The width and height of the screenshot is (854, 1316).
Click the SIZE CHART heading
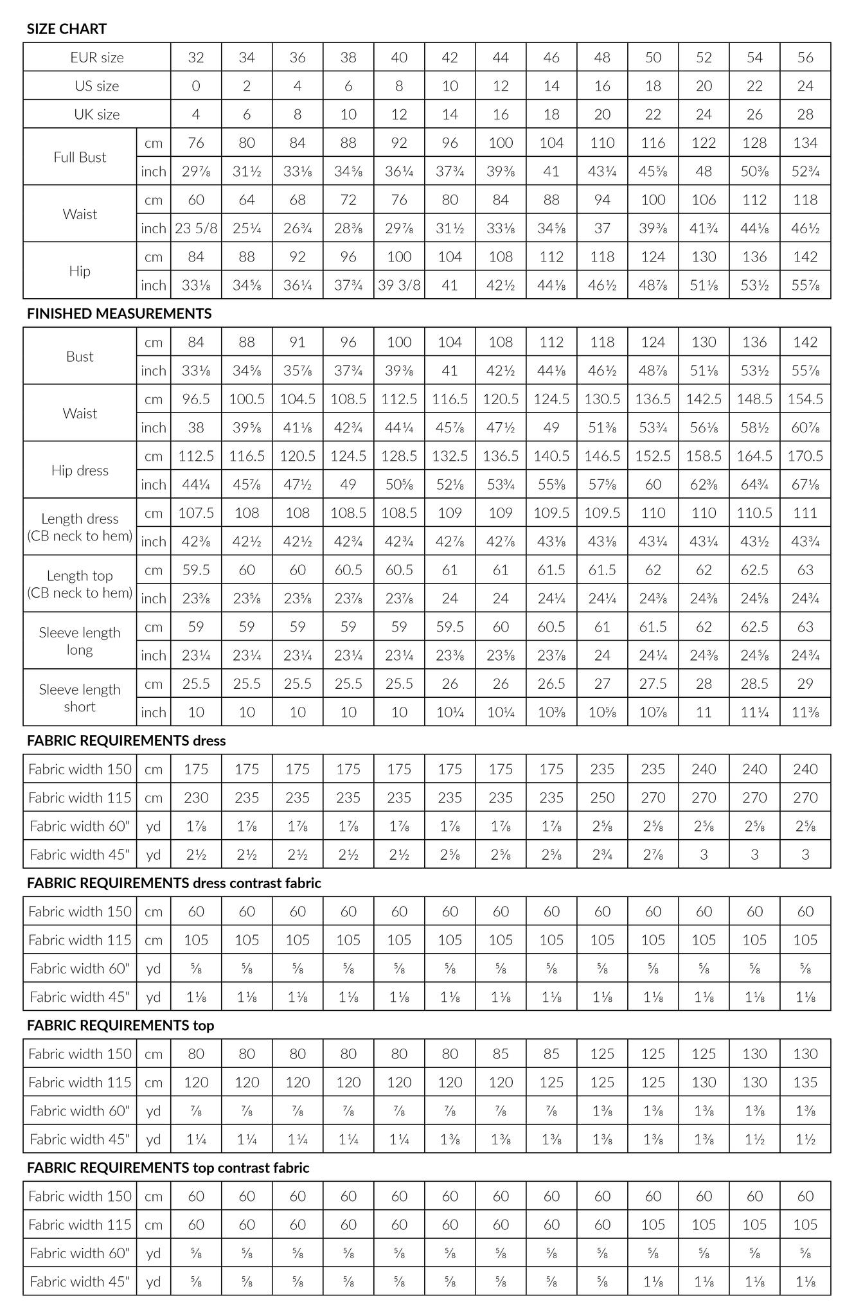tap(67, 29)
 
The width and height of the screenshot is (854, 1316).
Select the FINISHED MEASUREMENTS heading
tap(119, 314)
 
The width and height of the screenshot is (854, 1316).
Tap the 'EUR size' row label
tap(97, 57)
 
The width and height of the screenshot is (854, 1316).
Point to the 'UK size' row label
tap(97, 114)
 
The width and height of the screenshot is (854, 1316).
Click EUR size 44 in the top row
tap(501, 57)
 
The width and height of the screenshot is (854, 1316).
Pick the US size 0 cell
tap(196, 86)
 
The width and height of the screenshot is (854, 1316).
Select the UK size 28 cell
tap(805, 114)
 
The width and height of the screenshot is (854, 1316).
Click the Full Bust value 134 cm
tap(805, 143)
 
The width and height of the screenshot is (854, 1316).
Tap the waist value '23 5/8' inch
tap(196, 228)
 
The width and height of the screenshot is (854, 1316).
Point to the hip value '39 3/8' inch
tap(399, 285)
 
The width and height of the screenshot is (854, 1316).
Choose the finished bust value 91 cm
tap(298, 342)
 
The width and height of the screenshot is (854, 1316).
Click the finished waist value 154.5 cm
tap(805, 399)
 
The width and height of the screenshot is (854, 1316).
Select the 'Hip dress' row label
tap(80, 470)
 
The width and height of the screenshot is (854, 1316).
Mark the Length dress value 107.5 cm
tap(196, 513)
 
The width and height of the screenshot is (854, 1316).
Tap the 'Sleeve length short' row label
tap(80, 698)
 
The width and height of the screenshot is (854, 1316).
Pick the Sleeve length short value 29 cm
tap(805, 684)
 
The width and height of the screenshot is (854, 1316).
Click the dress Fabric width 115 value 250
tap(602, 797)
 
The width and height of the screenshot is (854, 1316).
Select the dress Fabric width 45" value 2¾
tap(602, 855)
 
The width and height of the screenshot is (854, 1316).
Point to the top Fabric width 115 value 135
tap(805, 1082)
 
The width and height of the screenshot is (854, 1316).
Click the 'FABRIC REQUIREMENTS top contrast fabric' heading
tap(168, 1168)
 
